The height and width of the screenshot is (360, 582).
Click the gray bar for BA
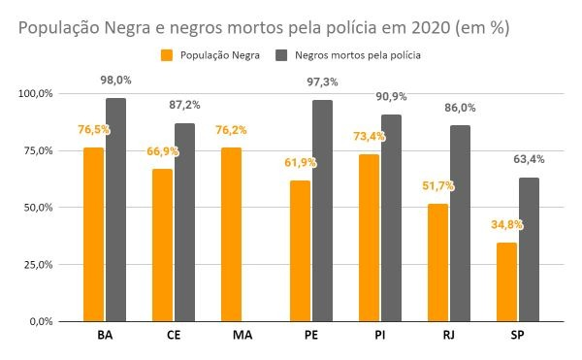pos(115,210)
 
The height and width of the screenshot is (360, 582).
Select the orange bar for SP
pos(506,282)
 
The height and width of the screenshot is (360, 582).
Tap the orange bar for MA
pos(231,235)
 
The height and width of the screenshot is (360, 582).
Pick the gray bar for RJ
pos(460,223)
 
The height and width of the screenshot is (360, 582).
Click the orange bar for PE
pos(301,251)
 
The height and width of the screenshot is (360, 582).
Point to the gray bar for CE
pos(185,222)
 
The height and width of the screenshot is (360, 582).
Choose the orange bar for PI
pos(369,238)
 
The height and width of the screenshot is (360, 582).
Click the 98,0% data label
pos(115,81)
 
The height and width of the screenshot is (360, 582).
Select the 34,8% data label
pos(507,224)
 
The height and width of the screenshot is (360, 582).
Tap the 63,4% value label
pos(529,159)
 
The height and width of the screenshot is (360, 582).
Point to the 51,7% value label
pos(438,185)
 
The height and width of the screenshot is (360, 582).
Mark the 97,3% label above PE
pos(322,82)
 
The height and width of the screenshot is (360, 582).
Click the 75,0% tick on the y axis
pos(39,150)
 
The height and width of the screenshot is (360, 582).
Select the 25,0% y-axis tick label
pos(39,265)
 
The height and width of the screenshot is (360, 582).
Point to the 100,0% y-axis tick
pos(36,93)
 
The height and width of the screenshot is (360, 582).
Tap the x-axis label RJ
pos(449,335)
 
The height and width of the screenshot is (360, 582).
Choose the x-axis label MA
pos(242,335)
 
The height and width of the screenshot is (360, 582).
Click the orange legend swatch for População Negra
pos(167,55)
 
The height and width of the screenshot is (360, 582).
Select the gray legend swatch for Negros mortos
pos(281,55)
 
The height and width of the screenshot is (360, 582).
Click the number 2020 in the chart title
pos(431,28)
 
